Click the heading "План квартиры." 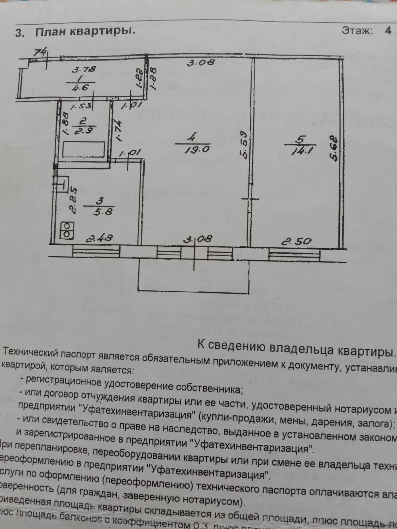(x=85, y=32)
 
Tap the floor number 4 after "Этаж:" (x=388, y=30)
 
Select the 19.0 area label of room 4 (x=197, y=149)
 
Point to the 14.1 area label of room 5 (x=299, y=151)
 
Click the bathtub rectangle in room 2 (x=84, y=149)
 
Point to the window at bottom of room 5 (x=294, y=254)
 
